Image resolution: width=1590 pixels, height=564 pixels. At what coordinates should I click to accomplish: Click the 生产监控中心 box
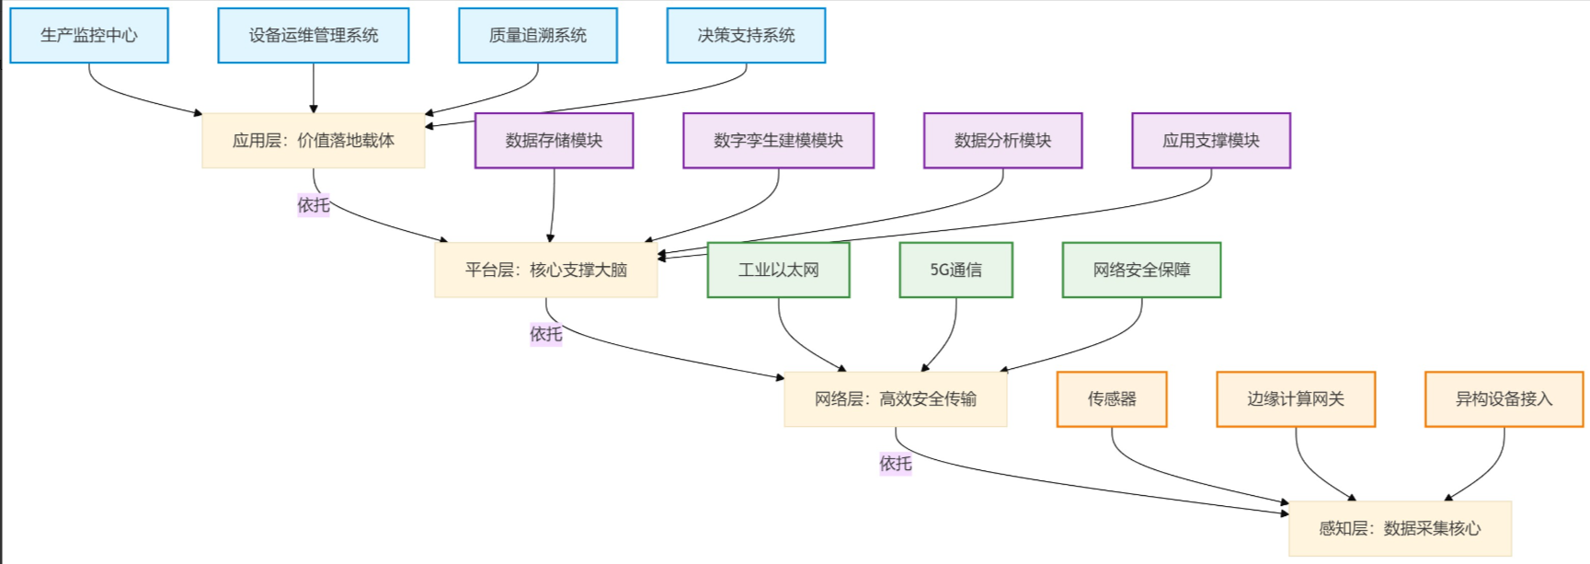coord(89,36)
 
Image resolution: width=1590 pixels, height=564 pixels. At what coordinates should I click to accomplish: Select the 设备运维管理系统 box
coord(314,36)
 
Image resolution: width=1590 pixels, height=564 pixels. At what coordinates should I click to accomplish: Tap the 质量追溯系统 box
coord(538,36)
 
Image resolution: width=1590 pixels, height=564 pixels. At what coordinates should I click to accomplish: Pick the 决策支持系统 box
coord(746,36)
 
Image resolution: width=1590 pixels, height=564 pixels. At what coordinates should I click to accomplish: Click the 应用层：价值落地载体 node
coord(314,141)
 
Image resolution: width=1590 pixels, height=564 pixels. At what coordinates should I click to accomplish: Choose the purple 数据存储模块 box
coord(554,141)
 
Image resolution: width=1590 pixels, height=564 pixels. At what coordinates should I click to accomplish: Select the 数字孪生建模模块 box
coord(778,141)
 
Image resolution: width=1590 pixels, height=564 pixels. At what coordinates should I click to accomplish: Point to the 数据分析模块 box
coord(1002,141)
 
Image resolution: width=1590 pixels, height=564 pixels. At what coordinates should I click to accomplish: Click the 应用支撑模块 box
coord(1211,141)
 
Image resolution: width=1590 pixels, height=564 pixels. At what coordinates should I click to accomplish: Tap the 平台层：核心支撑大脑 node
coord(546,270)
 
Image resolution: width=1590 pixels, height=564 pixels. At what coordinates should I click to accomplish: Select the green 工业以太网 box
coord(778,270)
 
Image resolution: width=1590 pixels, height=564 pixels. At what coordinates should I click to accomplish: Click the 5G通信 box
coord(955,270)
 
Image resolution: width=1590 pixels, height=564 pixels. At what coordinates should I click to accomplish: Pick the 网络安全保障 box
coord(1141,270)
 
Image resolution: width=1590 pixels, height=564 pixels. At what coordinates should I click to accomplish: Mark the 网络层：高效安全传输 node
coord(896,399)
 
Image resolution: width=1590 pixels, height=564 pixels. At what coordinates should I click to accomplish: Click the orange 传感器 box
coord(1112,399)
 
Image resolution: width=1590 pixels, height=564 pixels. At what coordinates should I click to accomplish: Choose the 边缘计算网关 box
coord(1296,399)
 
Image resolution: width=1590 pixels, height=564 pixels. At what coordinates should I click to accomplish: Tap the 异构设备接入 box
coord(1504,399)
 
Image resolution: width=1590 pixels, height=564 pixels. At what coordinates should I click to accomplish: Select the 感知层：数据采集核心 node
coord(1400,528)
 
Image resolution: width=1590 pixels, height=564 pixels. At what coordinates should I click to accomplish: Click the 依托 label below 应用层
coord(314,205)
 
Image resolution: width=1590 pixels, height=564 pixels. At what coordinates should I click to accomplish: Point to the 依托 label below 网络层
coord(896,464)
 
